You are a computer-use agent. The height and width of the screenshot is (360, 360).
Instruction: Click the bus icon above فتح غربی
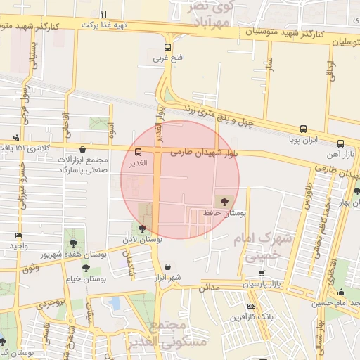point(167,48)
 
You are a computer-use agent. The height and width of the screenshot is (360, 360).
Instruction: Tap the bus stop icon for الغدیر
point(138,151)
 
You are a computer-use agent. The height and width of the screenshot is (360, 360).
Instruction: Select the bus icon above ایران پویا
point(303,129)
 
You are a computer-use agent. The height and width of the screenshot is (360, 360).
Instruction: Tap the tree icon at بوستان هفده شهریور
point(74,243)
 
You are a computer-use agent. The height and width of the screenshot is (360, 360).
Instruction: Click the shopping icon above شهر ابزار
point(167,267)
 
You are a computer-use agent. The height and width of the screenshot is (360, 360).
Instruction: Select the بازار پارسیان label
point(262,284)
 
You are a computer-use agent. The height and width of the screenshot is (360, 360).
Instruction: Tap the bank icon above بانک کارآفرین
point(252,307)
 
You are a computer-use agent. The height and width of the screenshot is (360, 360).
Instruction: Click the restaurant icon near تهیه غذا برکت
point(104,14)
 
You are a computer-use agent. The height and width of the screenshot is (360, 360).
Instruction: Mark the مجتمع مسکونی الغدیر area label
point(169,335)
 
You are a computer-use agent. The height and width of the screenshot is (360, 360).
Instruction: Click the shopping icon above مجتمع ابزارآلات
point(84,149)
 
